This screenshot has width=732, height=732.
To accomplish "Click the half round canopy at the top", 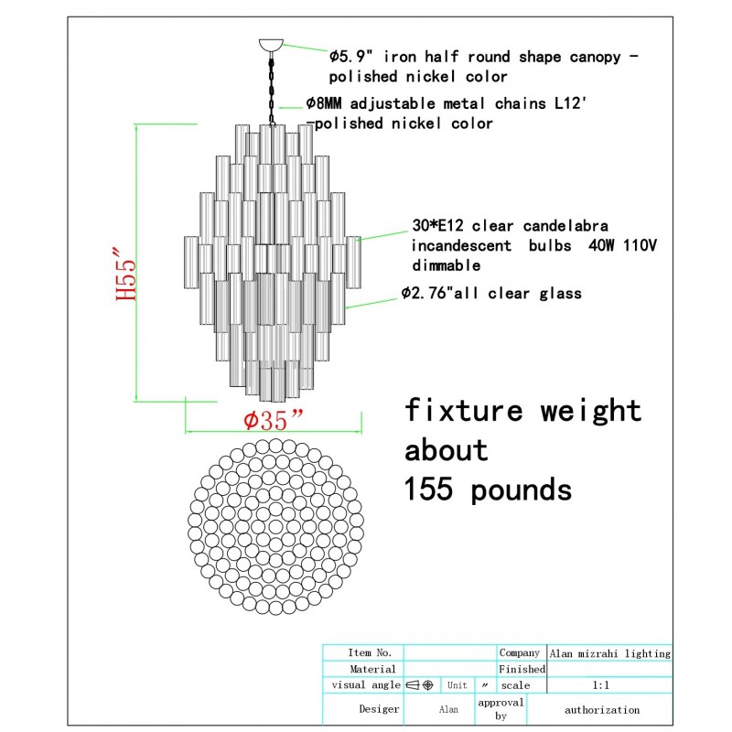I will coord(272,43).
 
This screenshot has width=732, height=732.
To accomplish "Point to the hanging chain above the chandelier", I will coord(272,87).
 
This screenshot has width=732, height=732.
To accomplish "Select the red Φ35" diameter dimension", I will coord(273,421).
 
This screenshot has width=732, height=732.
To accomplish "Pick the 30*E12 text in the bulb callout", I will coord(440,225).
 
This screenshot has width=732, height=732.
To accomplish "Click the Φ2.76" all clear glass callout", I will coord(490,294).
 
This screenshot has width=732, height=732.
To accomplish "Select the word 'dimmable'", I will coord(445,265).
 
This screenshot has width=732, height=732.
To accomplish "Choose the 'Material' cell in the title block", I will coord(372,669).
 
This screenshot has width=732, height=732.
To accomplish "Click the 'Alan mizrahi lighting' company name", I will coord(609,653).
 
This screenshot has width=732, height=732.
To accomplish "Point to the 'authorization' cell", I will coord(602,709).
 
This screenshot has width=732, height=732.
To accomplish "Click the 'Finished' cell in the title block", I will coord(522,669).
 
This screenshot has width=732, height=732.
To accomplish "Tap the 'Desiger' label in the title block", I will coord(379,709).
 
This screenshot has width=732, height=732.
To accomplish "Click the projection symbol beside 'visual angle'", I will coord(420,684).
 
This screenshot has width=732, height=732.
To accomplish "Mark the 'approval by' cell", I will coord(501,709).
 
